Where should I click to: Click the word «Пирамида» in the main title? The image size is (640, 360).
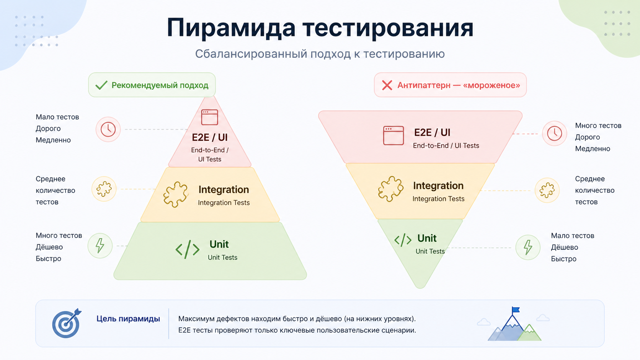pyautogui.click(x=231, y=28)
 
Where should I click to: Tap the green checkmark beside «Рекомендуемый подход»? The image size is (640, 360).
pyautogui.click(x=101, y=85)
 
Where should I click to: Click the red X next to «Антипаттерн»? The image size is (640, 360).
pyautogui.click(x=387, y=85)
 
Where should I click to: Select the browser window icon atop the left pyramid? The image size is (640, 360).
pyautogui.click(x=209, y=117)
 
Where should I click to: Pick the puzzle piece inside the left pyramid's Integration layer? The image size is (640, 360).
pyautogui.click(x=175, y=194)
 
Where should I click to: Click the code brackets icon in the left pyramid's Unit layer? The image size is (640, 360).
pyautogui.click(x=187, y=249)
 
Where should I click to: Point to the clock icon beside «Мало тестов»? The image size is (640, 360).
pyautogui.click(x=108, y=129)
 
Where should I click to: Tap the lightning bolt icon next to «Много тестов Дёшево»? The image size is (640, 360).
pyautogui.click(x=100, y=246)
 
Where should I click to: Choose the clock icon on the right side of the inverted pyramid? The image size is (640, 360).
pyautogui.click(x=554, y=134)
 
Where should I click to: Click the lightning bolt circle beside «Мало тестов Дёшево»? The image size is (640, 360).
pyautogui.click(x=528, y=247)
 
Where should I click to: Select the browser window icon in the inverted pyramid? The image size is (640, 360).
pyautogui.click(x=393, y=135)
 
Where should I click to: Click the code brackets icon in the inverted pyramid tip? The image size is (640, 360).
pyautogui.click(x=403, y=240)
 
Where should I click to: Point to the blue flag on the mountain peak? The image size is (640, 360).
pyautogui.click(x=516, y=310)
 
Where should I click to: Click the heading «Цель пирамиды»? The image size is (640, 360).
pyautogui.click(x=128, y=319)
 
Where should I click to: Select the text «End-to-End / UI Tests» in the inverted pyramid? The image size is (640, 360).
pyautogui.click(x=446, y=146)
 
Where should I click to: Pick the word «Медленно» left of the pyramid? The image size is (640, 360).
pyautogui.click(x=53, y=140)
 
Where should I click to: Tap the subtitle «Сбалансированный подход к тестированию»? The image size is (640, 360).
pyautogui.click(x=320, y=54)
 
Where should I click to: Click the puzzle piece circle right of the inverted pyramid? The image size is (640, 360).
pyautogui.click(x=547, y=190)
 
